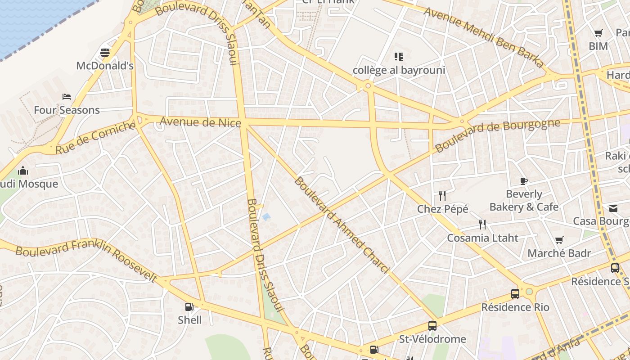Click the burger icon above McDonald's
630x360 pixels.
point(105,53)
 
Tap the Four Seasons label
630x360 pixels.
point(67,110)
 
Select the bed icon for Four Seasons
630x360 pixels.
point(67,97)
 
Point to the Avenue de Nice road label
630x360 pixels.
point(200,122)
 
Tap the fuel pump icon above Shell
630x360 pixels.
point(189,307)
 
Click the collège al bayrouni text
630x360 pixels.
point(399,70)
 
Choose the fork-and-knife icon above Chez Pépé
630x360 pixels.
point(442,196)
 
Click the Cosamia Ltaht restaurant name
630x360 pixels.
point(482,238)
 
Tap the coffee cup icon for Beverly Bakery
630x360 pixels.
point(524,181)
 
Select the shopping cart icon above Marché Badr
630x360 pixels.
point(559,240)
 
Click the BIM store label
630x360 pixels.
point(598,46)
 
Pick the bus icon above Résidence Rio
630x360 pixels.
point(515,294)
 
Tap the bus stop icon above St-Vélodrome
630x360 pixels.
point(432,325)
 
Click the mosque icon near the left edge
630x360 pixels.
point(22,171)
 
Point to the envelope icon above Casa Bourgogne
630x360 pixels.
point(613,208)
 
